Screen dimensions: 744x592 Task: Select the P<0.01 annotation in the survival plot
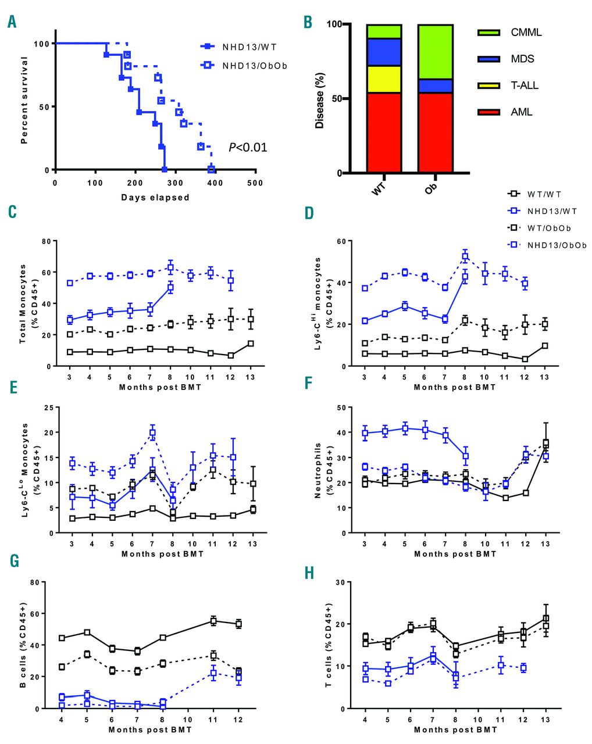coord(248,147)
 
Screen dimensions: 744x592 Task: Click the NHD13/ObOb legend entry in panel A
coord(254,66)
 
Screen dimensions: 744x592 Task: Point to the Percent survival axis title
coord(24,99)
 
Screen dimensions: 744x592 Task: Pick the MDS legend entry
coord(522,59)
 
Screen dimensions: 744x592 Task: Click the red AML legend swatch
coord(488,112)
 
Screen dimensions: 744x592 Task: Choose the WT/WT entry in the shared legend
coord(544,194)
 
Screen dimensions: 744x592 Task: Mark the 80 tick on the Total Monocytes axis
coord(45,241)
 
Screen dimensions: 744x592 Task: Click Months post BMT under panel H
coord(455,729)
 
